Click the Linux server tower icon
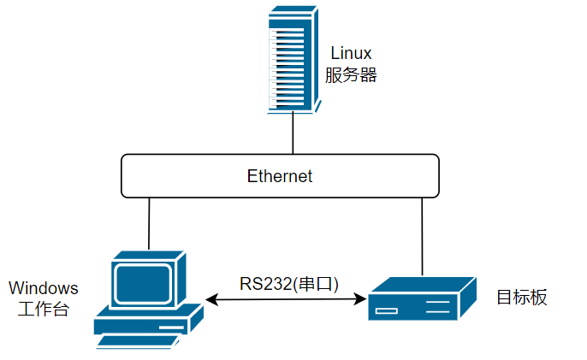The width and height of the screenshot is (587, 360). coord(293,60)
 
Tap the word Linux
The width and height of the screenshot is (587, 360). coord(351,53)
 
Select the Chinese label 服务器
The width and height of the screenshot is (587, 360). coord(351,75)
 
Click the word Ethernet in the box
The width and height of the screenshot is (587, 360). coord(280,176)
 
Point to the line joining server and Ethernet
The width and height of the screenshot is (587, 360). coord(293,133)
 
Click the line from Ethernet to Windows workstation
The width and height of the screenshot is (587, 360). coord(149,223)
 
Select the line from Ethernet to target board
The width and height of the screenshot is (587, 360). coord(423,237)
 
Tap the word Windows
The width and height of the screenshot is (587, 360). coord(44,288)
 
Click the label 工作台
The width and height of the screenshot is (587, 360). coord(44,309)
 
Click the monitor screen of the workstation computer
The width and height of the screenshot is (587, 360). coord(143,284)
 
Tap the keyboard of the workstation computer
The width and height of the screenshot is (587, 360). coord(138,342)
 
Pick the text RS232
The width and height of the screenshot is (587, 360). coord(265,284)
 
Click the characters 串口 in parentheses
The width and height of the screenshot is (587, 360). coord(316,284)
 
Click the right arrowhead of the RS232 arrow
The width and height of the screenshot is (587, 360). coord(360,299)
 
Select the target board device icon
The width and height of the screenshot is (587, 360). coord(423,298)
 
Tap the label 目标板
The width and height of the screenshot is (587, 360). coord(522,297)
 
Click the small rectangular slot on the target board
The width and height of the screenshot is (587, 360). coord(387,310)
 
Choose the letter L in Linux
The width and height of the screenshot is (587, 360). coord(335,53)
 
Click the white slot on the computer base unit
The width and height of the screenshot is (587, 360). coord(171,328)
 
